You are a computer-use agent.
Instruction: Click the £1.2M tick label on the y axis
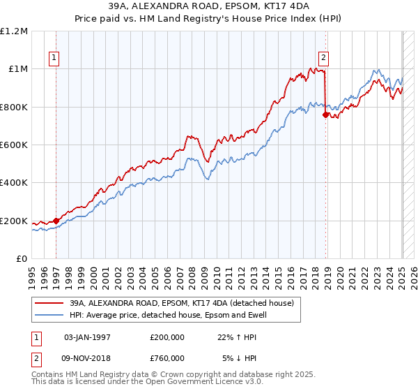[x=15, y=31]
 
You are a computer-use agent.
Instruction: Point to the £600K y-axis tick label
[x=15, y=145]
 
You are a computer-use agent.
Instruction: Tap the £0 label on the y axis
[x=22, y=259]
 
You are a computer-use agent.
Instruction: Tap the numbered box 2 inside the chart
[x=324, y=59]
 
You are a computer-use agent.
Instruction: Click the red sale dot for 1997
[x=56, y=221]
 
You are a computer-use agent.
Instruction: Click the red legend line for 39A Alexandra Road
[x=49, y=303]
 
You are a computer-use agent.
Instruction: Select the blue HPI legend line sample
[x=49, y=315]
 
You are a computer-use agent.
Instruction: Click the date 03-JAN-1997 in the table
[x=87, y=337]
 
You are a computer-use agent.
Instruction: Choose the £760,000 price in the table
[x=167, y=357]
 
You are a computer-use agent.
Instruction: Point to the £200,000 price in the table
[x=167, y=337]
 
